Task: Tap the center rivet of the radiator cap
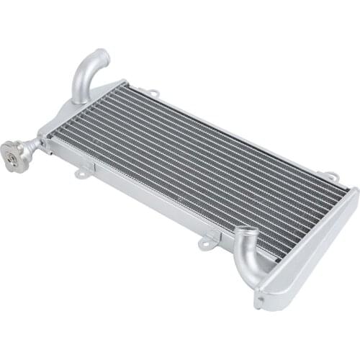(11, 153)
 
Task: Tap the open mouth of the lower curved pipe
(246, 234)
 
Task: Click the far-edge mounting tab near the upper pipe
(153, 92)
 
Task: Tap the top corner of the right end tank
(353, 191)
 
